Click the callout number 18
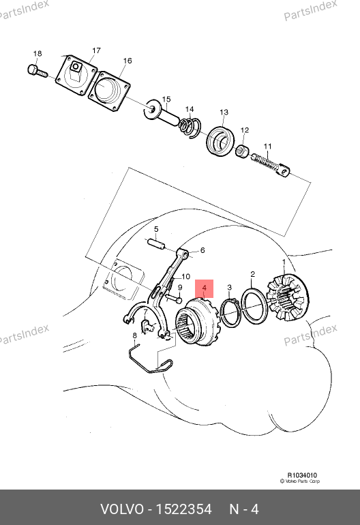click(37, 54)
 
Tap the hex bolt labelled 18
click(37, 71)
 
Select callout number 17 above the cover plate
click(96, 50)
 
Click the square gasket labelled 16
click(109, 91)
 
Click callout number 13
click(224, 112)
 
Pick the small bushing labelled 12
click(243, 151)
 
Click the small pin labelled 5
click(156, 244)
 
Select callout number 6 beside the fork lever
click(202, 250)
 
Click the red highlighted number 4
click(205, 288)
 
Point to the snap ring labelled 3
click(230, 312)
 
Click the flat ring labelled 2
click(254, 305)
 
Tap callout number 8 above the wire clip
click(134, 335)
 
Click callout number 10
click(185, 277)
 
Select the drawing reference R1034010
click(302, 475)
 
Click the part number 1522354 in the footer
click(184, 509)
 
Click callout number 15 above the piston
click(166, 99)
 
